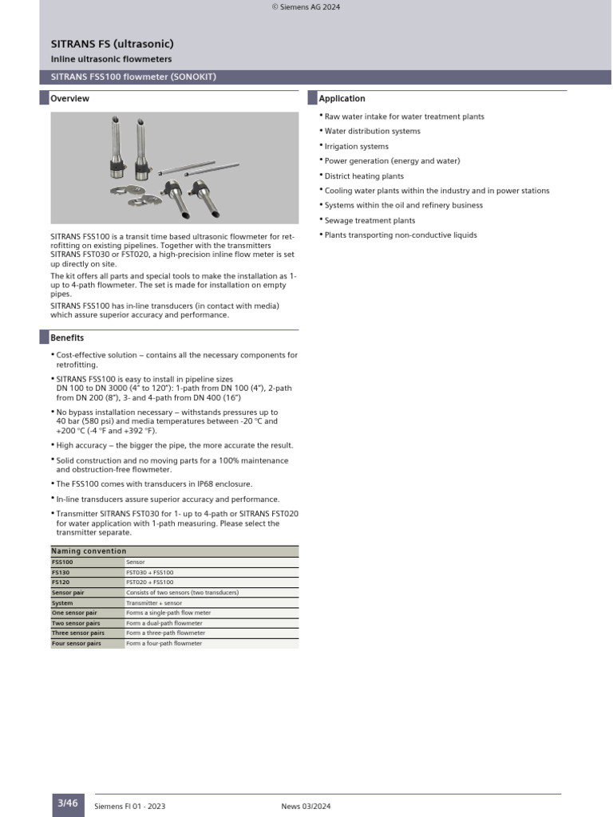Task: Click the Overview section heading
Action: click(x=69, y=99)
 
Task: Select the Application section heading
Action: click(x=342, y=99)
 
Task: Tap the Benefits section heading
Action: click(x=67, y=338)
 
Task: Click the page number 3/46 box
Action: click(x=68, y=803)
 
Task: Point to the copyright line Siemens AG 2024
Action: click(x=306, y=7)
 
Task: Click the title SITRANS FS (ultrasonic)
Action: click(x=107, y=44)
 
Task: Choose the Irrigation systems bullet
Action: click(x=356, y=146)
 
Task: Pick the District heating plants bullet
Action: click(x=363, y=176)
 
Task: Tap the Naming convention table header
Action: click(x=89, y=551)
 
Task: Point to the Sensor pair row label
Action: click(x=68, y=593)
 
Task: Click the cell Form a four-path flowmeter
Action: click(x=164, y=643)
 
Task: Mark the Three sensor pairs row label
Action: click(x=76, y=633)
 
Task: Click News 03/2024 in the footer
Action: click(x=305, y=807)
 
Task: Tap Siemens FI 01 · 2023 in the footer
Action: click(x=129, y=807)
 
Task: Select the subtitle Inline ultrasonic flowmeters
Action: click(x=111, y=60)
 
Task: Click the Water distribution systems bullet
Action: click(x=372, y=131)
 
